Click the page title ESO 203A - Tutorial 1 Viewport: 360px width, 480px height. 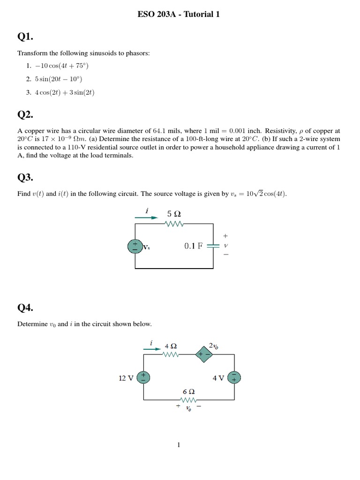[179, 15]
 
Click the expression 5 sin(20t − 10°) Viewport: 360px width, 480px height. [58, 79]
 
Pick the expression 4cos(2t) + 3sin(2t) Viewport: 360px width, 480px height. [65, 92]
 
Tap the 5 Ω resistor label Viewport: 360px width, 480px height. [174, 214]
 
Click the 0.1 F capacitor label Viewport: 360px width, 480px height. [194, 246]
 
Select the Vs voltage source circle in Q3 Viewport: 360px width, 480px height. [135, 246]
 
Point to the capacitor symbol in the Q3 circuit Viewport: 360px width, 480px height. [213, 246]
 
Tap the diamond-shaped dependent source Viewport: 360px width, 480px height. [204, 355]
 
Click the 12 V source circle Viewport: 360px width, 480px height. [143, 378]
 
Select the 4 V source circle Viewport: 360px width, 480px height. [233, 378]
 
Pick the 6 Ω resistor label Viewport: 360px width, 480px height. [188, 391]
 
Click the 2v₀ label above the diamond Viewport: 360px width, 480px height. [213, 346]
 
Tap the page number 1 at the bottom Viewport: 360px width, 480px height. [179, 444]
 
